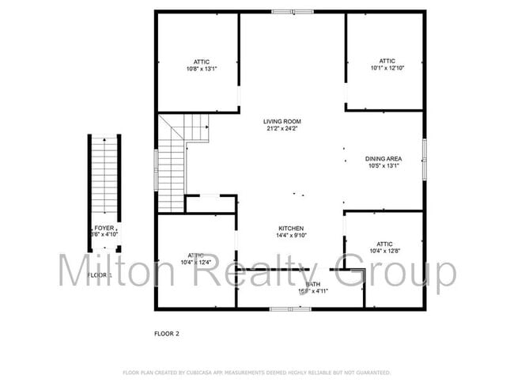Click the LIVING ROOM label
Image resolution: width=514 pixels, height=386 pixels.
tap(282, 121)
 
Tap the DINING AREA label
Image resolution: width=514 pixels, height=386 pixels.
tap(384, 158)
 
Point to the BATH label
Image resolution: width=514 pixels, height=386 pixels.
tap(313, 283)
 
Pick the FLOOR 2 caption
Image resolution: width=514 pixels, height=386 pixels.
tap(166, 333)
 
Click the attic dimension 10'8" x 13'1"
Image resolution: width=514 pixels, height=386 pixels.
tap(198, 69)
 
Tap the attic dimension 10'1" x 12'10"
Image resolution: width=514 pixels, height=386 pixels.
tap(386, 68)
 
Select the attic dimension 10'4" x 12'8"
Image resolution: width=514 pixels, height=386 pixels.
tap(384, 252)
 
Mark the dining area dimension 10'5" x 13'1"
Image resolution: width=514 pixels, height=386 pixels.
tap(384, 165)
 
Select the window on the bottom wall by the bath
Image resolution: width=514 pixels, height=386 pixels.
tap(290, 308)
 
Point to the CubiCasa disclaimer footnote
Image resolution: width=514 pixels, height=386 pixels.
tap(256, 372)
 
